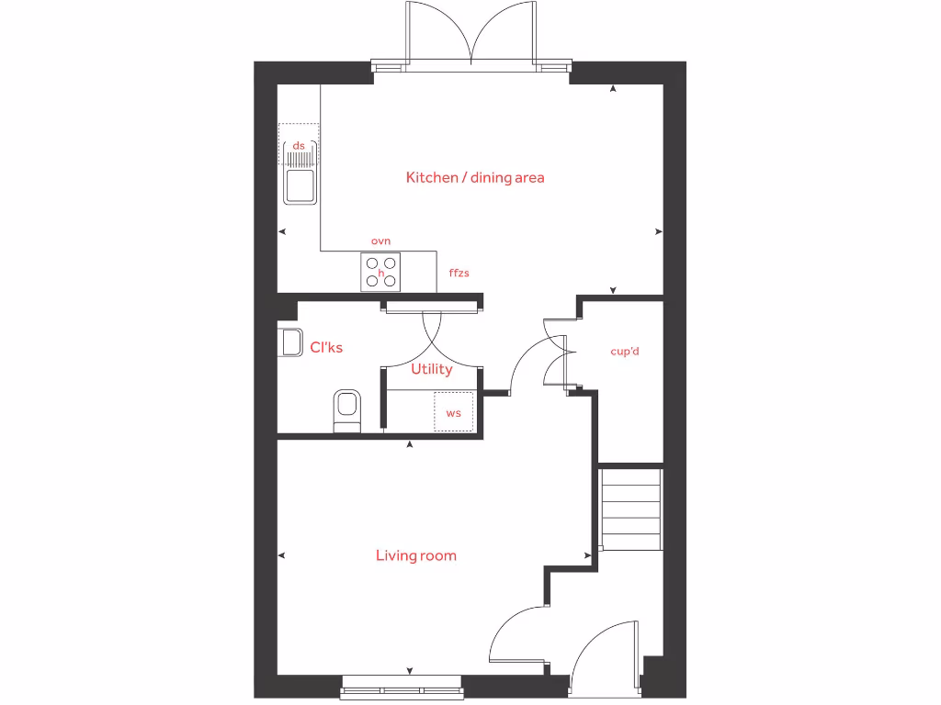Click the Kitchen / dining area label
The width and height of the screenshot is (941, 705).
click(475, 177)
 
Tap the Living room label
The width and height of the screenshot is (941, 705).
click(415, 555)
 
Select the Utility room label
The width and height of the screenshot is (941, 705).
click(431, 369)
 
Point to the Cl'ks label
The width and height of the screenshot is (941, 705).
click(326, 347)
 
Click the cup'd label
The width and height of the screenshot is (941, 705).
click(625, 351)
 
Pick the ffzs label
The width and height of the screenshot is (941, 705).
click(459, 273)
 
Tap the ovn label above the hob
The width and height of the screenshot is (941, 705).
click(380, 241)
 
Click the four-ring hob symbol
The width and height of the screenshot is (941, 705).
click(380, 271)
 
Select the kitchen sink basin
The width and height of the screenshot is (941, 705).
click(299, 186)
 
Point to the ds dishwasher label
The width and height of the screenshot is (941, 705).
click(299, 145)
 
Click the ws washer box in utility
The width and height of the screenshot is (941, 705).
click(454, 411)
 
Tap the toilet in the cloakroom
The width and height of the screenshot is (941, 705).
click(347, 408)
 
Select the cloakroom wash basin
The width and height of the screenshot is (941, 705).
click(290, 341)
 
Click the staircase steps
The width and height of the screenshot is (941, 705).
click(630, 509)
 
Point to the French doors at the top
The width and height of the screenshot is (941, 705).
click(471, 37)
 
